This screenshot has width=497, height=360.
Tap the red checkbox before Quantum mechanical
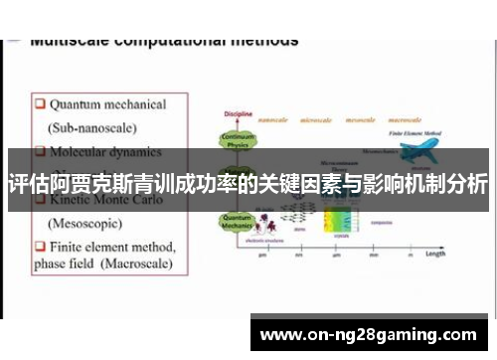pos(39,103)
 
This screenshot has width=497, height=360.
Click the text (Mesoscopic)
pos(85,222)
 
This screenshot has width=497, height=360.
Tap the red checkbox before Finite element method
pos(39,245)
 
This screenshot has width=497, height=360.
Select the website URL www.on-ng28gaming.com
pos(373,335)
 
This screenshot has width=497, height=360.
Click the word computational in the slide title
pos(167,41)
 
